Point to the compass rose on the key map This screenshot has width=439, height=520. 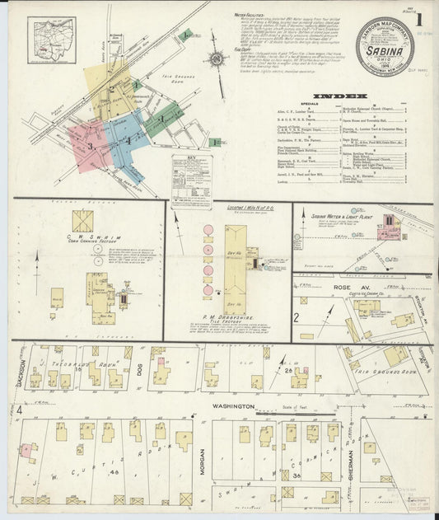217,59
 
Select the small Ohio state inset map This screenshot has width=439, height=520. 50,40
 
